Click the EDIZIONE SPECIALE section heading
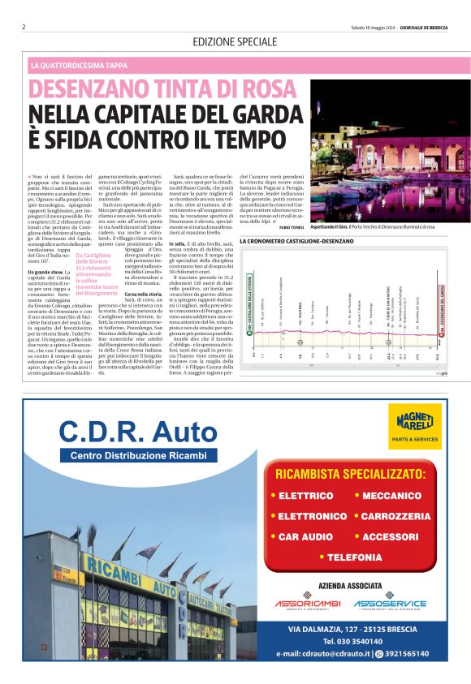tap(235, 41)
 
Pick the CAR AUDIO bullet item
tap(301, 536)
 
